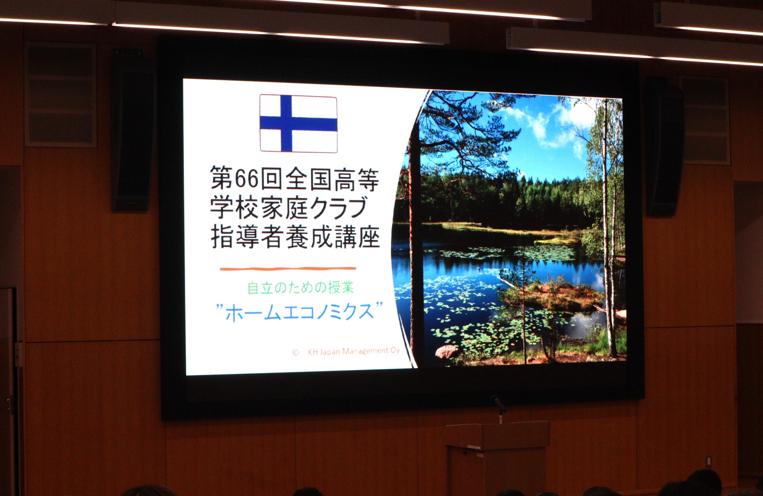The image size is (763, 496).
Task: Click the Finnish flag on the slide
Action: (298, 124)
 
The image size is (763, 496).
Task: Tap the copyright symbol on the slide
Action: (295, 352)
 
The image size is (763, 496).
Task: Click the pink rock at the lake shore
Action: (446, 352)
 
